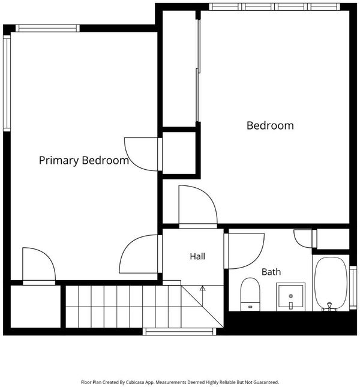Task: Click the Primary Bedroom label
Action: tap(84, 160)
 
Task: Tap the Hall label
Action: tap(197, 256)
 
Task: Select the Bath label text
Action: tap(271, 272)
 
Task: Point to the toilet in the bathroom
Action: tap(250, 294)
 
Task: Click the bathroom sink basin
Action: tap(290, 296)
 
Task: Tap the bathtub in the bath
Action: tap(331, 283)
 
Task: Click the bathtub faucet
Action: tap(329, 307)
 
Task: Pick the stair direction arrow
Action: tap(202, 296)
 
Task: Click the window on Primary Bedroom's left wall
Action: tap(7, 83)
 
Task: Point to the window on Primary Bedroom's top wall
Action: tap(47, 28)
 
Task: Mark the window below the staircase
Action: tap(179, 331)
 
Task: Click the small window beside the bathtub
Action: tap(353, 287)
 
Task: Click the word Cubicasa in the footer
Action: tap(135, 382)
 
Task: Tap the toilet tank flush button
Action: tap(250, 307)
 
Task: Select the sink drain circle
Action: tap(290, 296)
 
